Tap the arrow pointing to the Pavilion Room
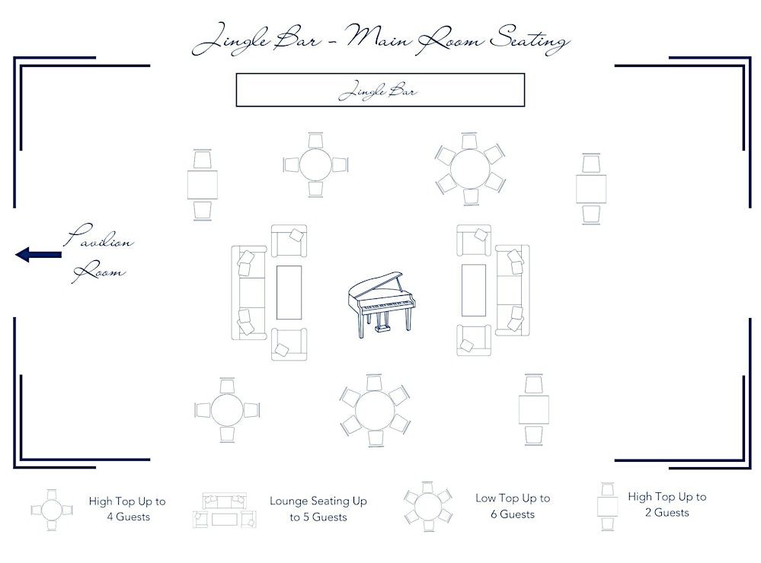38,254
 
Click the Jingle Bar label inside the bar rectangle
377,91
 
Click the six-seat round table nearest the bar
470,169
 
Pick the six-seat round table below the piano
375,410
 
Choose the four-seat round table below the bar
315,165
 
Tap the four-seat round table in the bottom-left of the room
227,410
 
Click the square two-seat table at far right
590,189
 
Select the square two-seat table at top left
203,185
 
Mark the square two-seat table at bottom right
533,409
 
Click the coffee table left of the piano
289,292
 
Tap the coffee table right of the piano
473,290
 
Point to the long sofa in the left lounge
248,292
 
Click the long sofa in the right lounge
513,291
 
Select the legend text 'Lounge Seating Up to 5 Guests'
318,509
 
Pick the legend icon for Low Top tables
427,507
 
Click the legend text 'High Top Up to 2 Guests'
667,504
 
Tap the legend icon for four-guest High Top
52,511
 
